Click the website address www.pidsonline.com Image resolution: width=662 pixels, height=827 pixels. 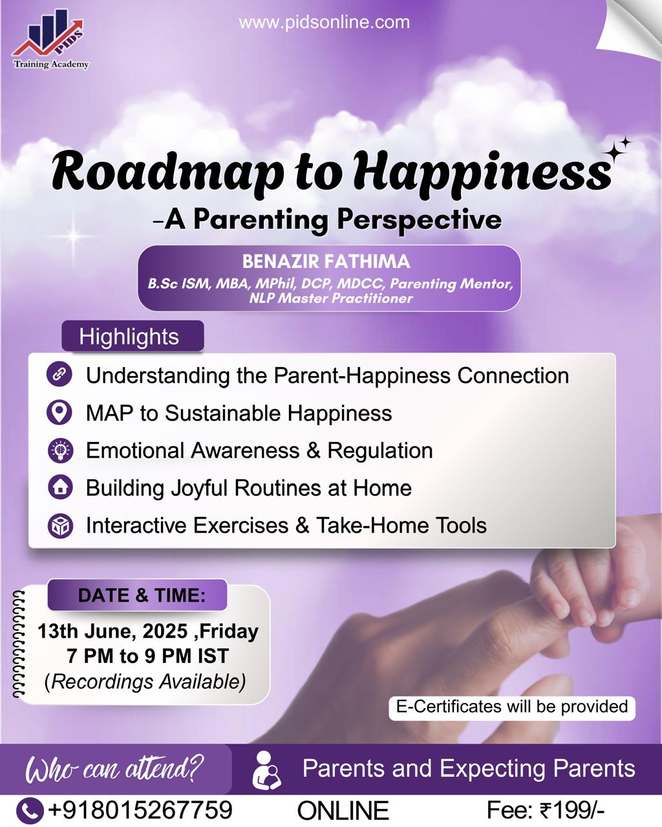tap(325, 23)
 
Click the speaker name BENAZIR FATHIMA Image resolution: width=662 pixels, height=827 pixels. tap(326, 262)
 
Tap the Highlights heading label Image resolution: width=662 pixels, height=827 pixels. tap(129, 336)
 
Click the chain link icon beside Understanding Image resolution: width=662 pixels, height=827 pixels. tap(59, 373)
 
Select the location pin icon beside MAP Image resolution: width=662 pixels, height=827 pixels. tap(59, 412)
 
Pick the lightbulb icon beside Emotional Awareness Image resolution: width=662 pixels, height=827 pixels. tap(60, 450)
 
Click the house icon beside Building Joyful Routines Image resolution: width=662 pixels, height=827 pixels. tap(60, 488)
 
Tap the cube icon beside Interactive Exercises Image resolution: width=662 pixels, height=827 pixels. tap(60, 525)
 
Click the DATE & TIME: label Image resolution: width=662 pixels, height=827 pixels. tap(142, 596)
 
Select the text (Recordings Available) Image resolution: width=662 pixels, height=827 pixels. tap(145, 682)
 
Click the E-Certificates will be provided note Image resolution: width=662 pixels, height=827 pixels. tap(512, 707)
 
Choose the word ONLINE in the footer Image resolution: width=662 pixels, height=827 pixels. tap(343, 811)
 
